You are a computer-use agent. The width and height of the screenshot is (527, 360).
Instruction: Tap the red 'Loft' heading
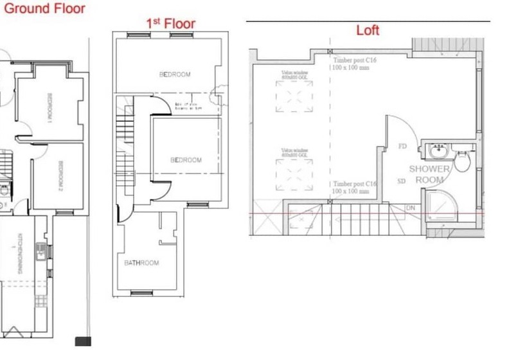(368, 30)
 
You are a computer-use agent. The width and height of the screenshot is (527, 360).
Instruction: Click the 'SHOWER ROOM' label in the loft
(429, 174)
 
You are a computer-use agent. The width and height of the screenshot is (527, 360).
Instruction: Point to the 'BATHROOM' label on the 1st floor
(141, 263)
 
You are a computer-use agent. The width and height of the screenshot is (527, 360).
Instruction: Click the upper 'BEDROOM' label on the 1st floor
(175, 75)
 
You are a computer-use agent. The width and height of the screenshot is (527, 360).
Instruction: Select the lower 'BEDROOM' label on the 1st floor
(186, 160)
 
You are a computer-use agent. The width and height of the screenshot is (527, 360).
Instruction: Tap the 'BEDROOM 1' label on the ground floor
(49, 109)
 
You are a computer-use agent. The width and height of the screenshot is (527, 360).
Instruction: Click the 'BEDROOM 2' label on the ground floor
(60, 175)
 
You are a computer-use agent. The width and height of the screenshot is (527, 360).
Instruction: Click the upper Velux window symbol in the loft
(294, 98)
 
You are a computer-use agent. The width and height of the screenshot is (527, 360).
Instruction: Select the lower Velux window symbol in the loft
(294, 174)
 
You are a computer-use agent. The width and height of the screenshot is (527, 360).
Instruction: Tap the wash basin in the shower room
(439, 152)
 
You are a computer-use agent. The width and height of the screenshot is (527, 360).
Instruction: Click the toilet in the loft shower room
(463, 161)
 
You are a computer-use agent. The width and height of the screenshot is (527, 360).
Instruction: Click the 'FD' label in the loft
(403, 147)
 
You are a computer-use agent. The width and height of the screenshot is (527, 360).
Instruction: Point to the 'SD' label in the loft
(402, 181)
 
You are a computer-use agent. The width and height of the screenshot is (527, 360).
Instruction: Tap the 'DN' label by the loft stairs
(411, 208)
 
